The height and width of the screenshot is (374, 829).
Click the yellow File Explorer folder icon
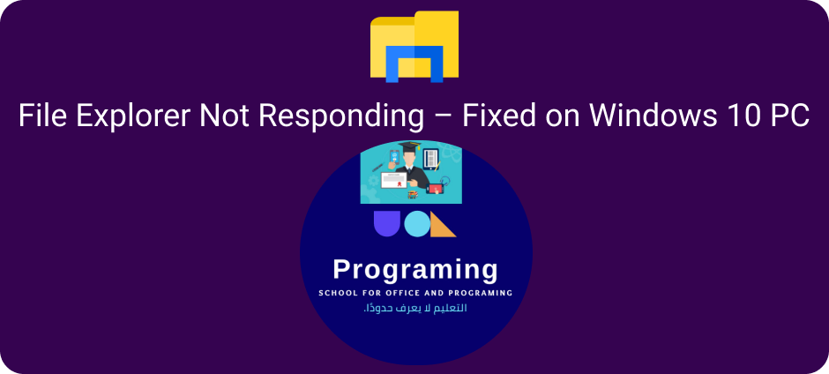tap(414, 47)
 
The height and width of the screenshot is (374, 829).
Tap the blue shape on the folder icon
tap(414, 64)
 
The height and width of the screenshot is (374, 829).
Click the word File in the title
tap(41, 116)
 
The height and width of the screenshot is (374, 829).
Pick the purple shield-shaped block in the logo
tap(387, 223)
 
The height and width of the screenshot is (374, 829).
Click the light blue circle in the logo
tap(417, 224)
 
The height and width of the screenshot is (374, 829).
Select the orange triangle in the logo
tap(443, 224)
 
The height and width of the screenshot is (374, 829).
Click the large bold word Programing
tap(415, 270)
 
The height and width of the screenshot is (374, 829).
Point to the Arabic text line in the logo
tap(415, 309)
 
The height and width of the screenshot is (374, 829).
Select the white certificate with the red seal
tap(395, 182)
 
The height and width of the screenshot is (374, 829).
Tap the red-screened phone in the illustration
tap(435, 188)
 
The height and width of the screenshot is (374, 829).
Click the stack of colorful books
tap(413, 195)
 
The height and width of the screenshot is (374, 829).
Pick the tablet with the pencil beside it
tap(432, 160)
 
